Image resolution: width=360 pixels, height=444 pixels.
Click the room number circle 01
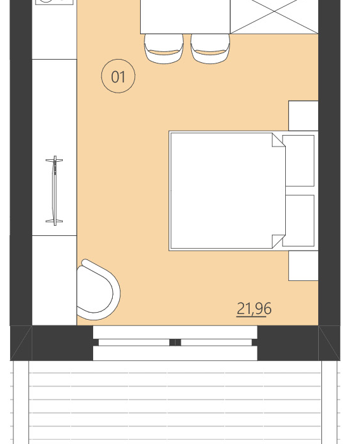[x=119, y=77]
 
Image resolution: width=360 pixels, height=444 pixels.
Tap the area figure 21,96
[x=254, y=309]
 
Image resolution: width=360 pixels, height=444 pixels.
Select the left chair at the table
[x=164, y=49]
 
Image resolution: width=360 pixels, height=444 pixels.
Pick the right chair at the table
[x=210, y=49]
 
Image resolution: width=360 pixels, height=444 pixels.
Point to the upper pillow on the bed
[x=299, y=160]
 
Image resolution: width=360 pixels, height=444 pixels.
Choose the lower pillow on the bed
[x=299, y=220]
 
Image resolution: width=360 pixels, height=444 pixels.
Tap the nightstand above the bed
[x=303, y=115]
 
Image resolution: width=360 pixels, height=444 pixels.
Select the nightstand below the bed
[x=303, y=265]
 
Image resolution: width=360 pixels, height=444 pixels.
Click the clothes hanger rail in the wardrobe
[x=55, y=190]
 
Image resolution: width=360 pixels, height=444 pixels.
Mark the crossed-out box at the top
[x=274, y=16]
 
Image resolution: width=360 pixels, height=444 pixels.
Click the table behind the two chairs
[x=184, y=16]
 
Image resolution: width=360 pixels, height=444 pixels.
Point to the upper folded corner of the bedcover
[x=278, y=140]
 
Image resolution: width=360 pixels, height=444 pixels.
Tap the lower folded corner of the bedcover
[x=278, y=241]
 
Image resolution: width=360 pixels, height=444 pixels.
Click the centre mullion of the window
[x=175, y=343]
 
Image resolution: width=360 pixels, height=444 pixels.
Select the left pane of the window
[x=134, y=343]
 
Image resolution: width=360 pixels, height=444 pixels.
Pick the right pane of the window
[x=216, y=343]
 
